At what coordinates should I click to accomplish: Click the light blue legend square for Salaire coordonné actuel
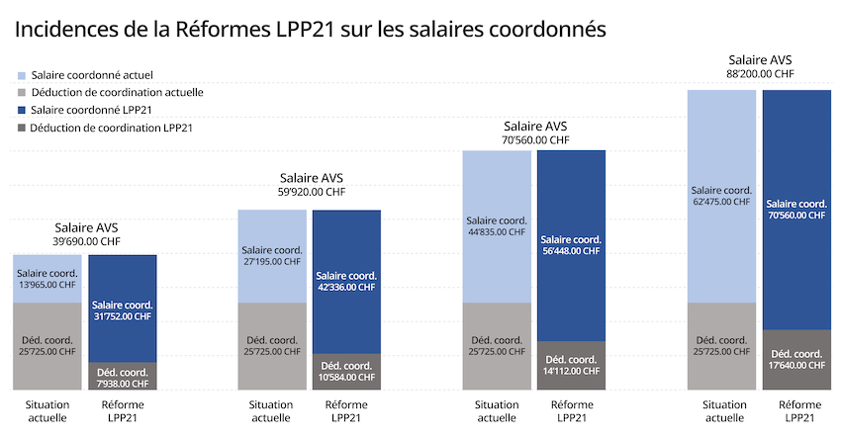coord(22,75)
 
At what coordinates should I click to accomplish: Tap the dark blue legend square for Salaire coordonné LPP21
coord(22,110)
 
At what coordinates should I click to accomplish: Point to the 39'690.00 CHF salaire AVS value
coord(86,241)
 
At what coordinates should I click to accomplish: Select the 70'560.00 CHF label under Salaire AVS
coord(535,140)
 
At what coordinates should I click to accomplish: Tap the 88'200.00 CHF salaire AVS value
coord(760,73)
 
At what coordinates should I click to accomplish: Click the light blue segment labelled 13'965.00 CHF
coord(47,279)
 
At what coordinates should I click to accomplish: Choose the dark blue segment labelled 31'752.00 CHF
coord(123,309)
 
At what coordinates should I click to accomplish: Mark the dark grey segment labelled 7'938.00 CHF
coord(123,377)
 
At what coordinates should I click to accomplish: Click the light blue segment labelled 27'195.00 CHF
coord(272,256)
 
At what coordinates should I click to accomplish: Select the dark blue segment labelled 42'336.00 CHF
coord(346,282)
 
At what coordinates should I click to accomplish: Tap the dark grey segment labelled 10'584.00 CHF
coord(346,372)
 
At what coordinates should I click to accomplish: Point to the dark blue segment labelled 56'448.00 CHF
coord(571,245)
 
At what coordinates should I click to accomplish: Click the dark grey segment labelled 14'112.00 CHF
coord(571,365)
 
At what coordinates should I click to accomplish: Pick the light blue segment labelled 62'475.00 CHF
coord(722,196)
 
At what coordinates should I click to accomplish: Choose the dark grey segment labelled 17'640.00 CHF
coord(795,360)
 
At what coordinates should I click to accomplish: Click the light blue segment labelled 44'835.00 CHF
coord(498,226)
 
